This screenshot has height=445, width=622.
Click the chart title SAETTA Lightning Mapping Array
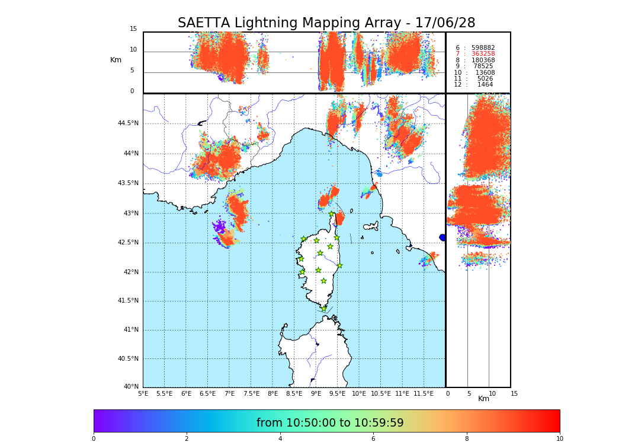326,23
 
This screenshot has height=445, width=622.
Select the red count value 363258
483,54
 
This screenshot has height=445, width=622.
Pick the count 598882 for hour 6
483,47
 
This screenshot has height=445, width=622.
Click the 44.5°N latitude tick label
127,123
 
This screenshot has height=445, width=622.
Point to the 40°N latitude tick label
131,387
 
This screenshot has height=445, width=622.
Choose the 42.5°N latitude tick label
127,242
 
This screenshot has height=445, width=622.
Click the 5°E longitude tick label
143,393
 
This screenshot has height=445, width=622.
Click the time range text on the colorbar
330,423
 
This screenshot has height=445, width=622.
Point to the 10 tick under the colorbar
559,438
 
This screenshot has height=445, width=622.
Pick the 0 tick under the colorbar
94,438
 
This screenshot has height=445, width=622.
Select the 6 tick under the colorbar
373,438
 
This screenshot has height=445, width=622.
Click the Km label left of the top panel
116,60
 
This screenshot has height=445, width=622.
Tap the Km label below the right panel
483,399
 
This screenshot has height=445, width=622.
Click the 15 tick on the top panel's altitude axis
133,28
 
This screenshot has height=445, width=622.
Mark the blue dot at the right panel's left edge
443,237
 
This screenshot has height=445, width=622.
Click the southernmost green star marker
323,309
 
